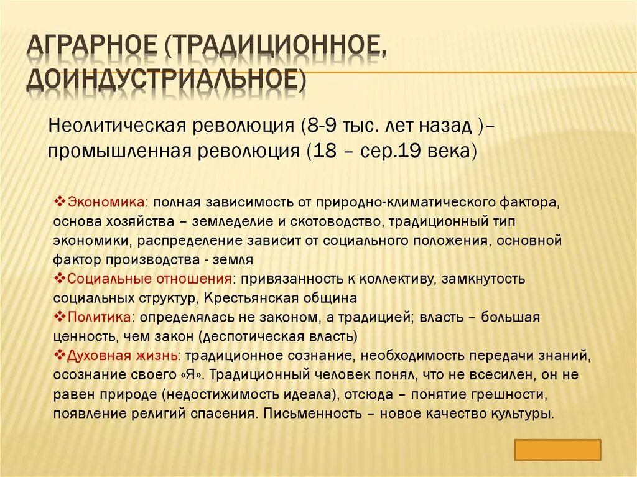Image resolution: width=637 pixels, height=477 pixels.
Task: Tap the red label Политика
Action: pyautogui.click(x=99, y=317)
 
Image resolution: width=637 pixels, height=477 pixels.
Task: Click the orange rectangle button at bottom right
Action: pyautogui.click(x=558, y=450)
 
